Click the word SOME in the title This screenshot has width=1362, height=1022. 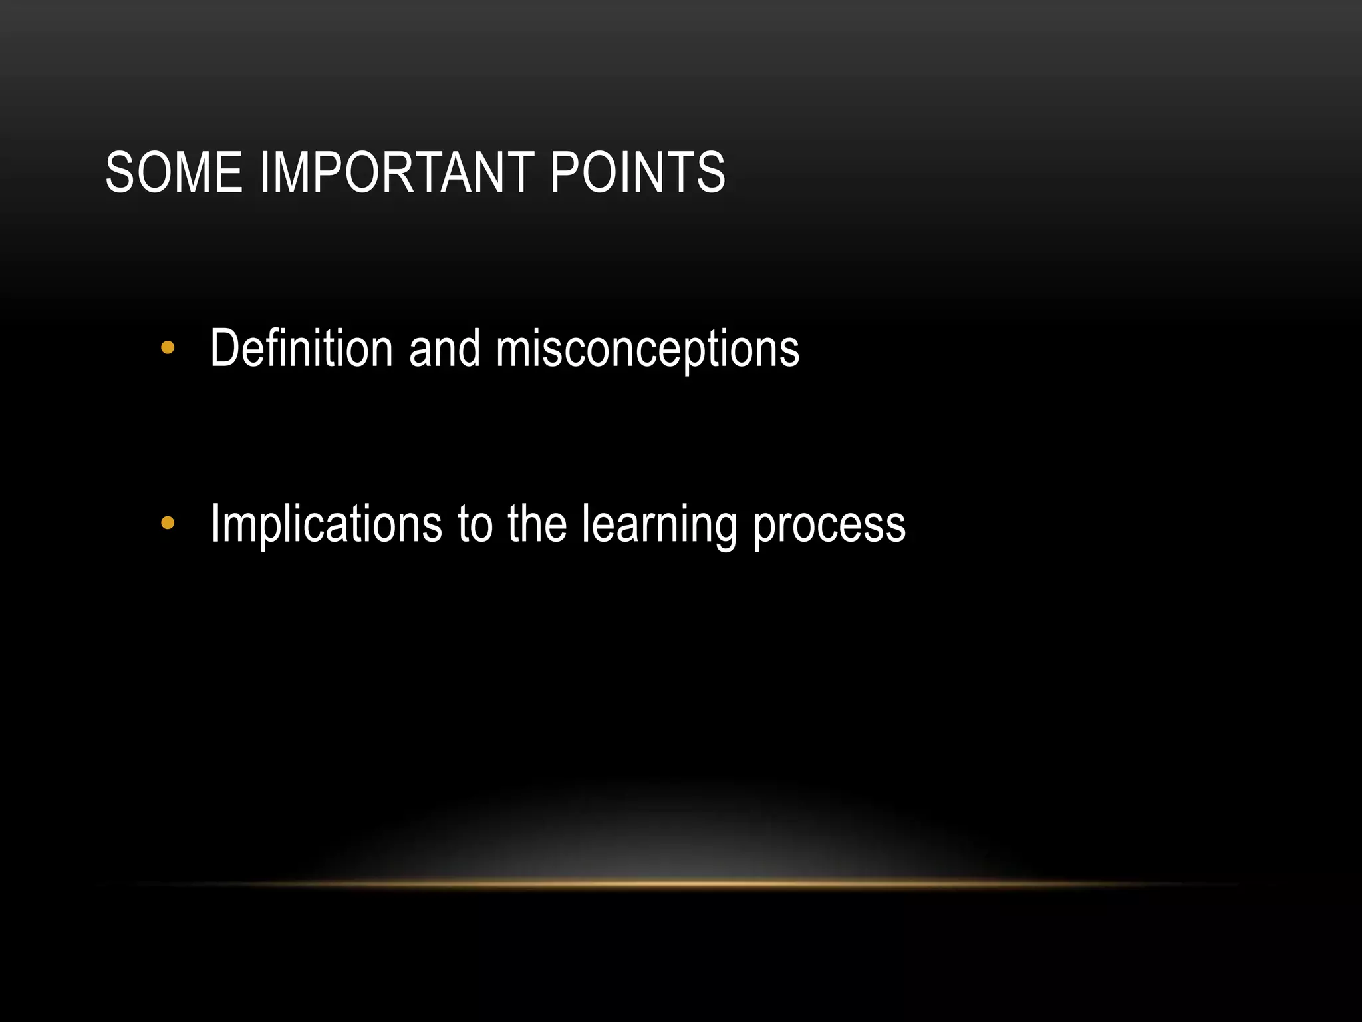[174, 172]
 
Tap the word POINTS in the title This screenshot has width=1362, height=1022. [637, 172]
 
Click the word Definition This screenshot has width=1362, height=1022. [301, 348]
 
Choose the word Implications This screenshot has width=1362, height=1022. [326, 525]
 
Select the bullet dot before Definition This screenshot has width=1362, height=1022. [168, 347]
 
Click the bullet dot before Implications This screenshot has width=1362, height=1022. [168, 524]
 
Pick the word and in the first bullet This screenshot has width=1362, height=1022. [444, 348]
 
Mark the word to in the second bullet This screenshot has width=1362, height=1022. [475, 525]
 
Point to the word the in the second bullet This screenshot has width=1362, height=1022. [537, 524]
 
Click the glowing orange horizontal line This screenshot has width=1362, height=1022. [681, 884]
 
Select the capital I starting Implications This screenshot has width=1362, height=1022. [215, 524]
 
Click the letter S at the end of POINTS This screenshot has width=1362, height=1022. [710, 172]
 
